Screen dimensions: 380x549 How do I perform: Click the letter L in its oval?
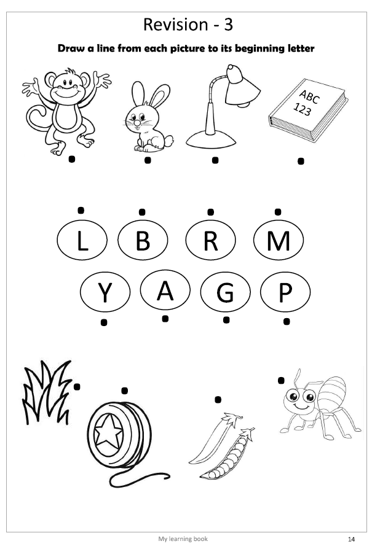coord(82,241)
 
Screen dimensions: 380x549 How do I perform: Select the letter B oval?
coord(143,241)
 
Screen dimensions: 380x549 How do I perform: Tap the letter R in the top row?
coord(210,241)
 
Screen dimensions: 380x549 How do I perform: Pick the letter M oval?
coord(279,241)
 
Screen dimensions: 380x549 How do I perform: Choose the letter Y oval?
coord(105,292)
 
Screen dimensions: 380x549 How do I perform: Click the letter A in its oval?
coord(165,290)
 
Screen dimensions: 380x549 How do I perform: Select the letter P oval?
coord(285,292)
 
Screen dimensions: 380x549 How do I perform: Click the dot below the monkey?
coord(71,159)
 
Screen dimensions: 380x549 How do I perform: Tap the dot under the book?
coord(301,162)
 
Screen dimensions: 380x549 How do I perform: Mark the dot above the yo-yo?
coord(124,391)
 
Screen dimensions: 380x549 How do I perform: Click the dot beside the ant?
coord(281,380)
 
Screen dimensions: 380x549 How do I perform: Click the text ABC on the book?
coord(309,96)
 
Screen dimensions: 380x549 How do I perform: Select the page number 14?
coord(352,539)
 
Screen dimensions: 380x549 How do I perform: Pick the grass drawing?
coord(47,392)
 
